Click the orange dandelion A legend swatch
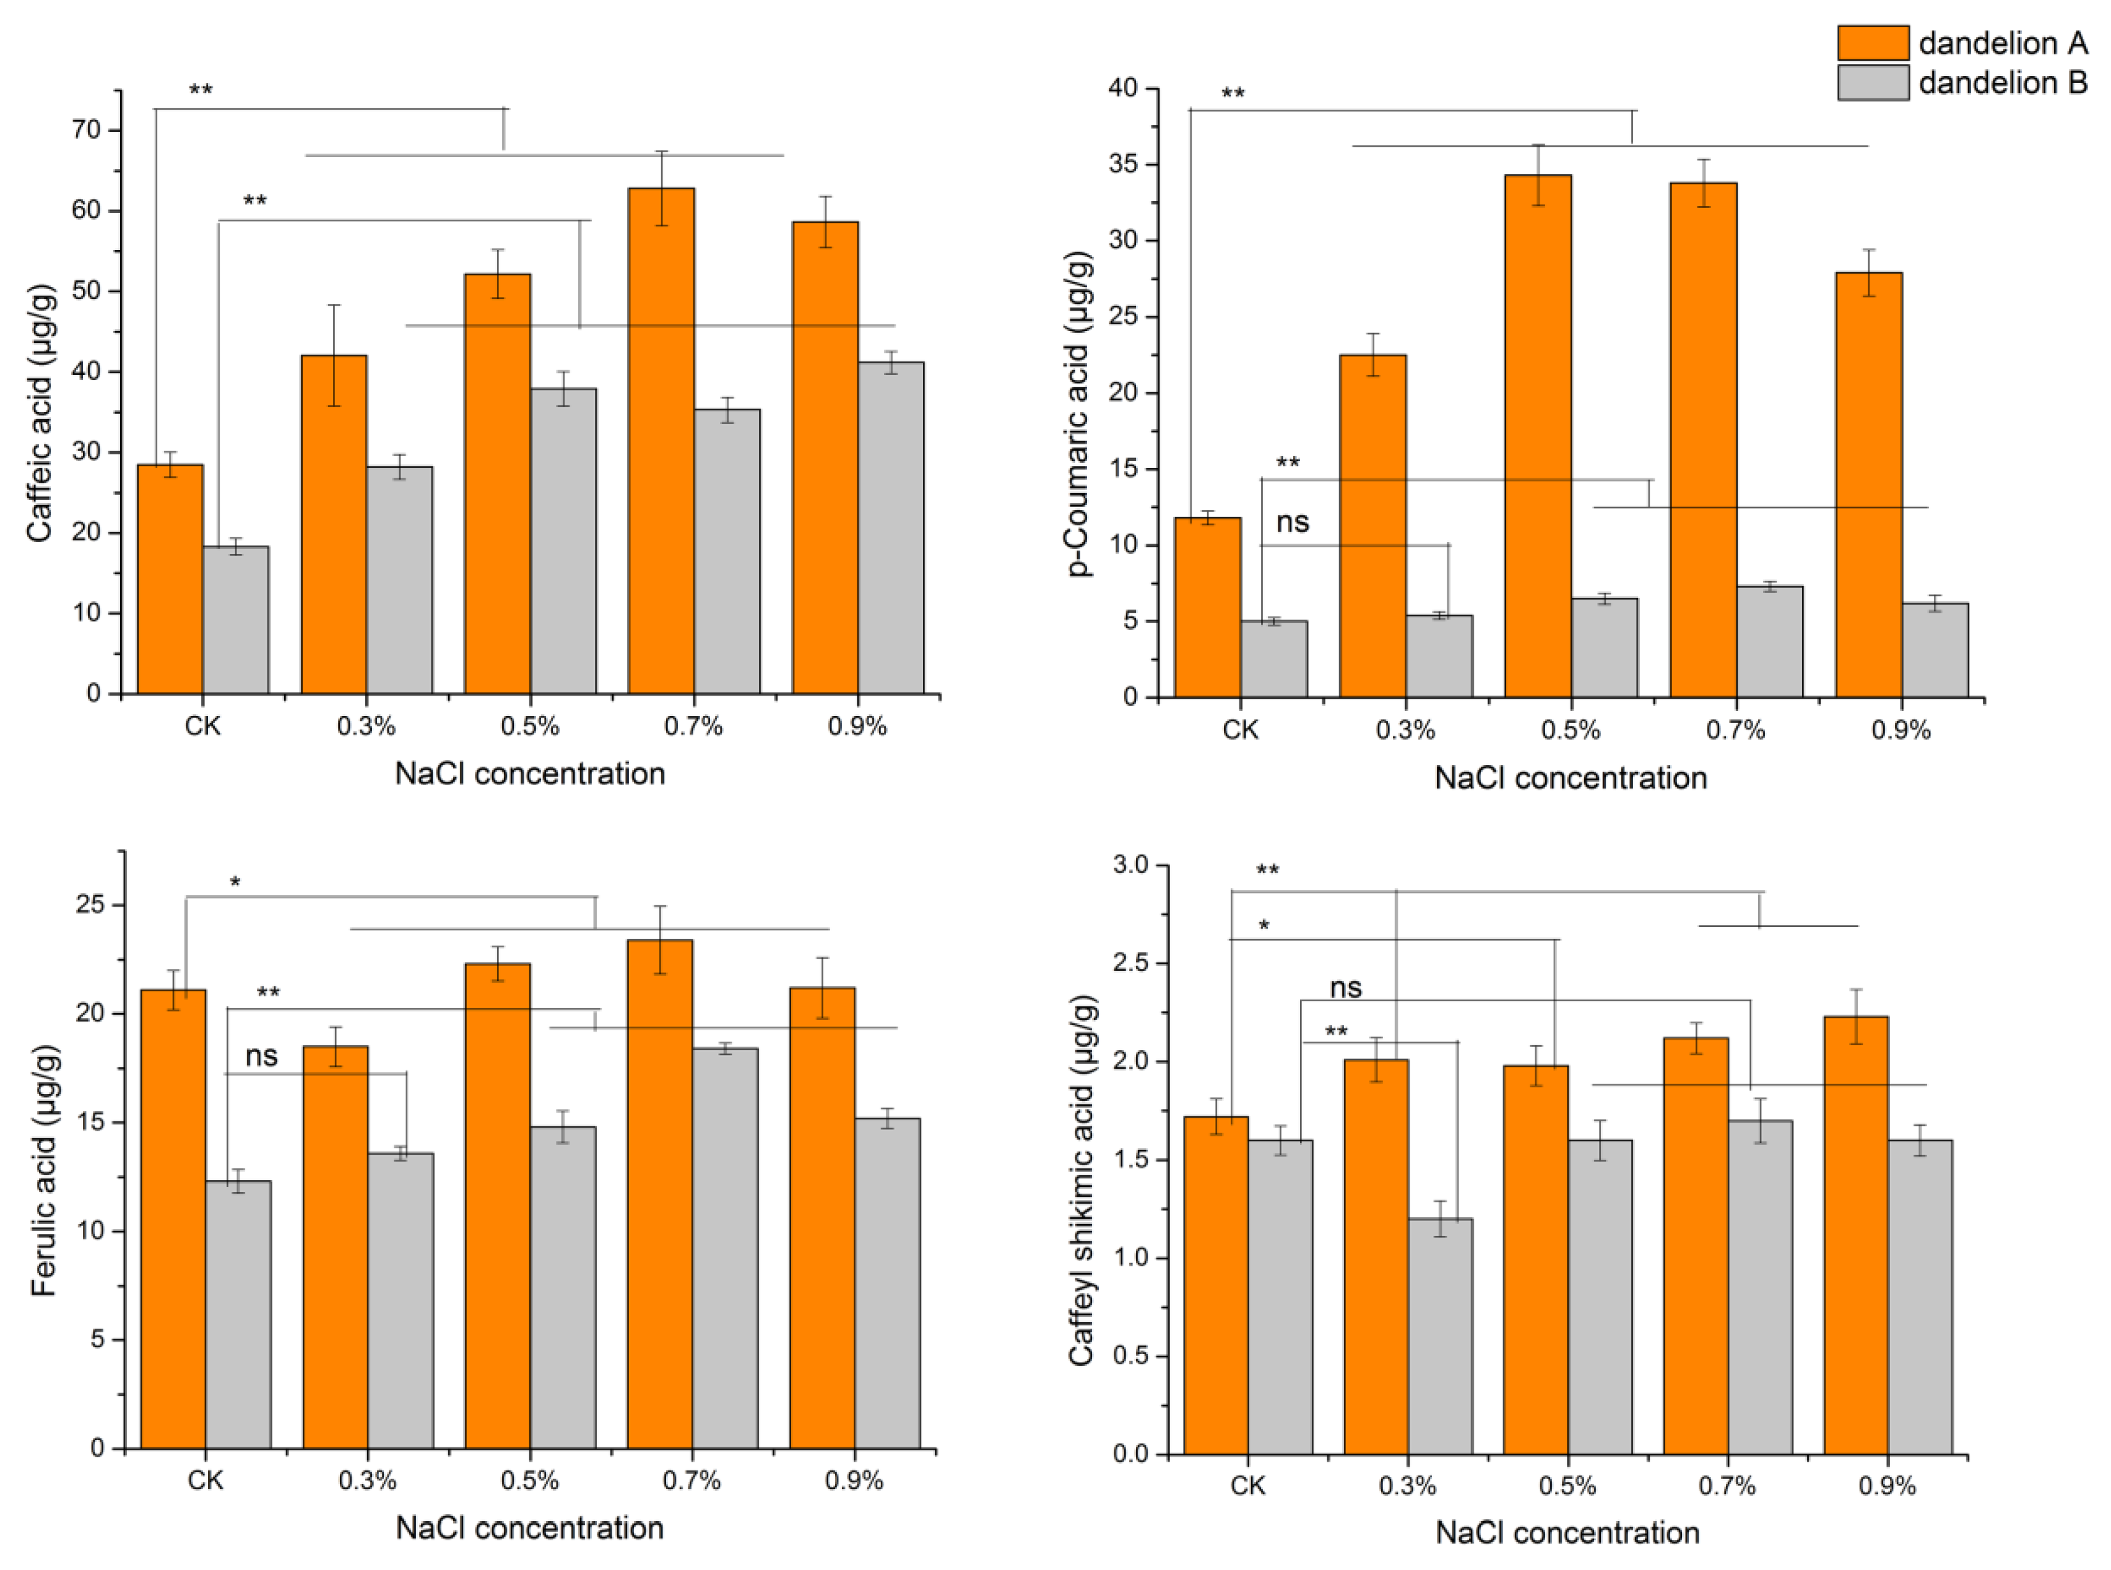(x=1873, y=43)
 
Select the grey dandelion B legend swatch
(x=1873, y=83)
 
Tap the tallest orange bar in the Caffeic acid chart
(x=662, y=441)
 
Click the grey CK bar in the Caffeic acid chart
(x=236, y=619)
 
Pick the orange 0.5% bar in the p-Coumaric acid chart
(x=1538, y=436)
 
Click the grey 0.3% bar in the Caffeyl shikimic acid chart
(x=1440, y=1336)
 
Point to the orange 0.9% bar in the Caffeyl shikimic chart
(x=1857, y=1235)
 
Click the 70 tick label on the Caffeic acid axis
(x=87, y=129)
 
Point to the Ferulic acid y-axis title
(x=44, y=1170)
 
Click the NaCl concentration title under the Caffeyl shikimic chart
(x=1567, y=1533)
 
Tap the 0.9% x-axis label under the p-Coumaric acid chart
(x=1901, y=730)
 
